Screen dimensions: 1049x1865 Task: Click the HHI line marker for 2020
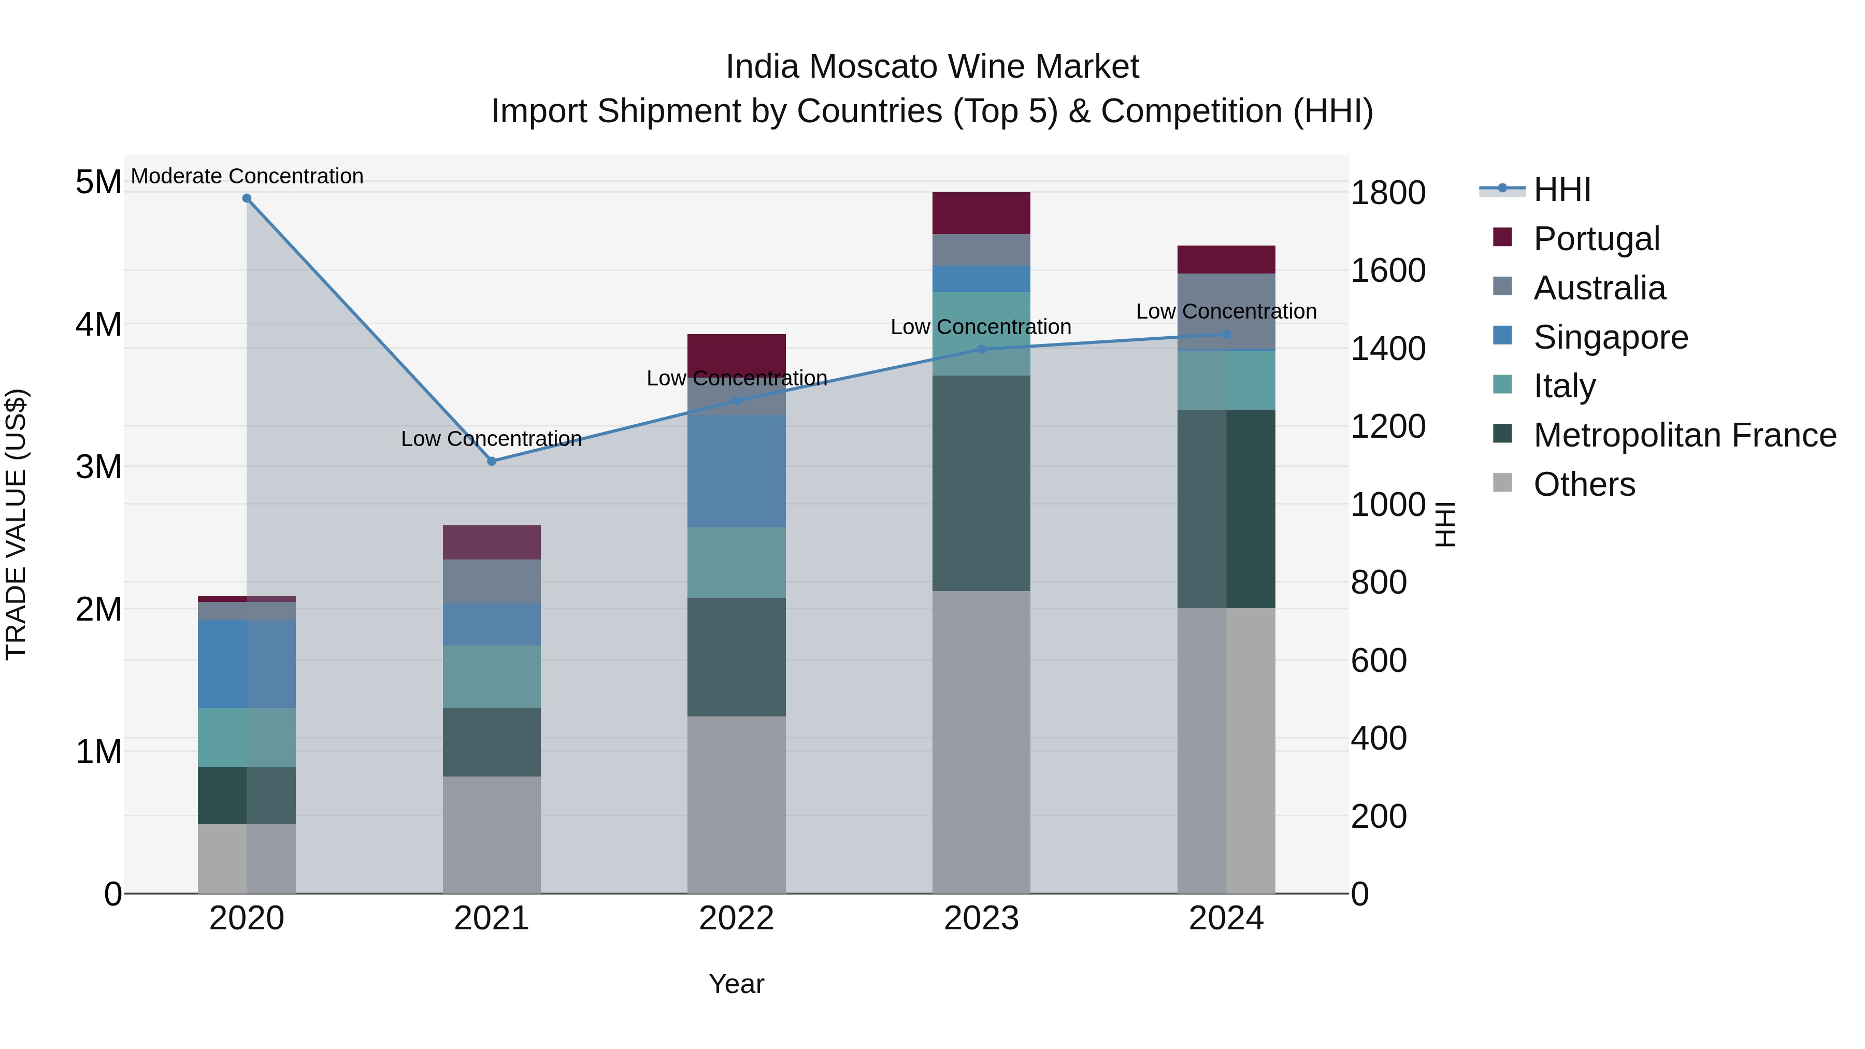pyautogui.click(x=247, y=198)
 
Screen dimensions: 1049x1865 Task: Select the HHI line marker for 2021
pyautogui.click(x=492, y=461)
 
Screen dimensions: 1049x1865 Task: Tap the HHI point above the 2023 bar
pyautogui.click(x=982, y=350)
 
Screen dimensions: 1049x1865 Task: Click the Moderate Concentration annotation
pyautogui.click(x=247, y=177)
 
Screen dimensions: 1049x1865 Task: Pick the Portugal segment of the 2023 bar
pyautogui.click(x=981, y=213)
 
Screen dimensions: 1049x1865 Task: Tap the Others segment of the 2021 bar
pyautogui.click(x=492, y=835)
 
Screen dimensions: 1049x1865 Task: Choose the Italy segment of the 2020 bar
pyautogui.click(x=247, y=738)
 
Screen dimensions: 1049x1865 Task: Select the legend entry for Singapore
pyautogui.click(x=1610, y=337)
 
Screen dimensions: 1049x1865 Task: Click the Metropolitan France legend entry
pyautogui.click(x=1684, y=436)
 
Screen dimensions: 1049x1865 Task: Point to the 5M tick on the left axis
pyautogui.click(x=98, y=182)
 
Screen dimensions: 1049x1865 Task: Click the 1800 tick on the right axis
pyautogui.click(x=1388, y=193)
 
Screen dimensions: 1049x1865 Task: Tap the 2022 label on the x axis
pyautogui.click(x=736, y=918)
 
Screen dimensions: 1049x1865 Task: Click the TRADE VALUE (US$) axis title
pyautogui.click(x=16, y=524)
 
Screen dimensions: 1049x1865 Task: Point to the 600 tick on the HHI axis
pyautogui.click(x=1379, y=661)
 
